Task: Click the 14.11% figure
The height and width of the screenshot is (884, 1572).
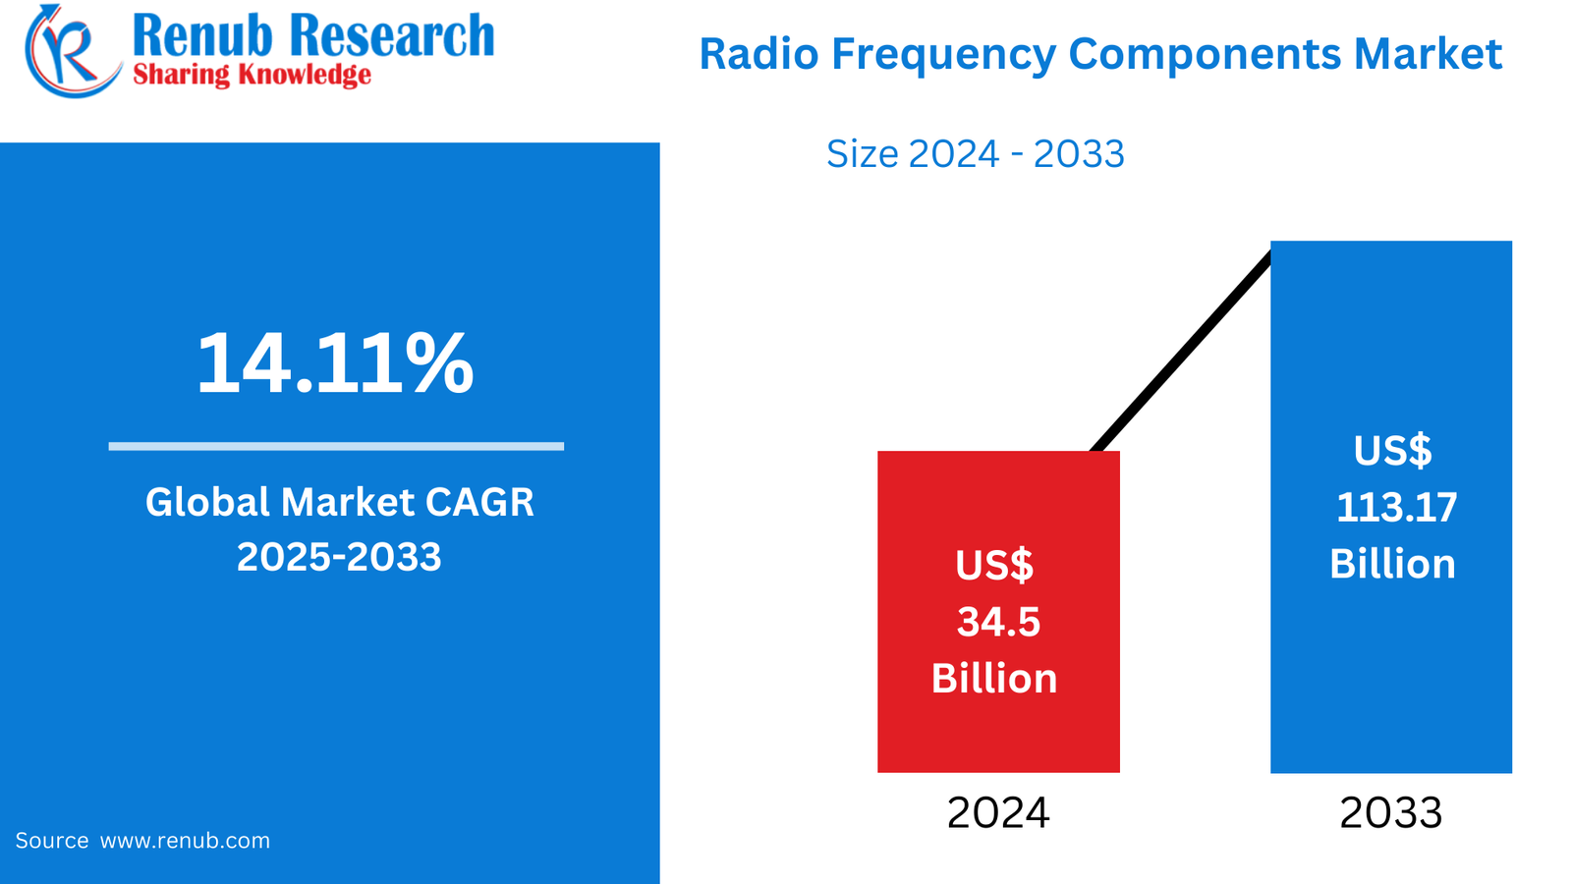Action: pos(335,364)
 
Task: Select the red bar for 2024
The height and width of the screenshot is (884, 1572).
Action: pos(998,511)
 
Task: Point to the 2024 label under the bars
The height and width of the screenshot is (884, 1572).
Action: pos(998,813)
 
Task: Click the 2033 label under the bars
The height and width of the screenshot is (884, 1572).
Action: pos(1391,813)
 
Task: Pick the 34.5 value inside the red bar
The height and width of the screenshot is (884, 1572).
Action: pos(998,622)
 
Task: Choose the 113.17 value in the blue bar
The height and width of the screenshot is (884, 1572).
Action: pos(1396,508)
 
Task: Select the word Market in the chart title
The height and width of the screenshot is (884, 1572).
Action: pos(1428,54)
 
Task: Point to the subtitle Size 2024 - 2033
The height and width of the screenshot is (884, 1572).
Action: pos(975,154)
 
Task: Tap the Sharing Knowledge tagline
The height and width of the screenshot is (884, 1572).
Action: pos(252,75)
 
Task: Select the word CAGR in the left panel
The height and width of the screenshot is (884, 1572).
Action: pos(479,502)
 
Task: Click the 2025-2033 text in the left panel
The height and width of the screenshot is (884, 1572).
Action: pos(339,557)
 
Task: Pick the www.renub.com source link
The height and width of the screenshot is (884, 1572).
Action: pos(185,841)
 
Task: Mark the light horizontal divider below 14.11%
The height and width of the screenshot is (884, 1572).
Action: pos(336,446)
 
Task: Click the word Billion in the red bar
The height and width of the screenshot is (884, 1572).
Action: pos(994,679)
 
